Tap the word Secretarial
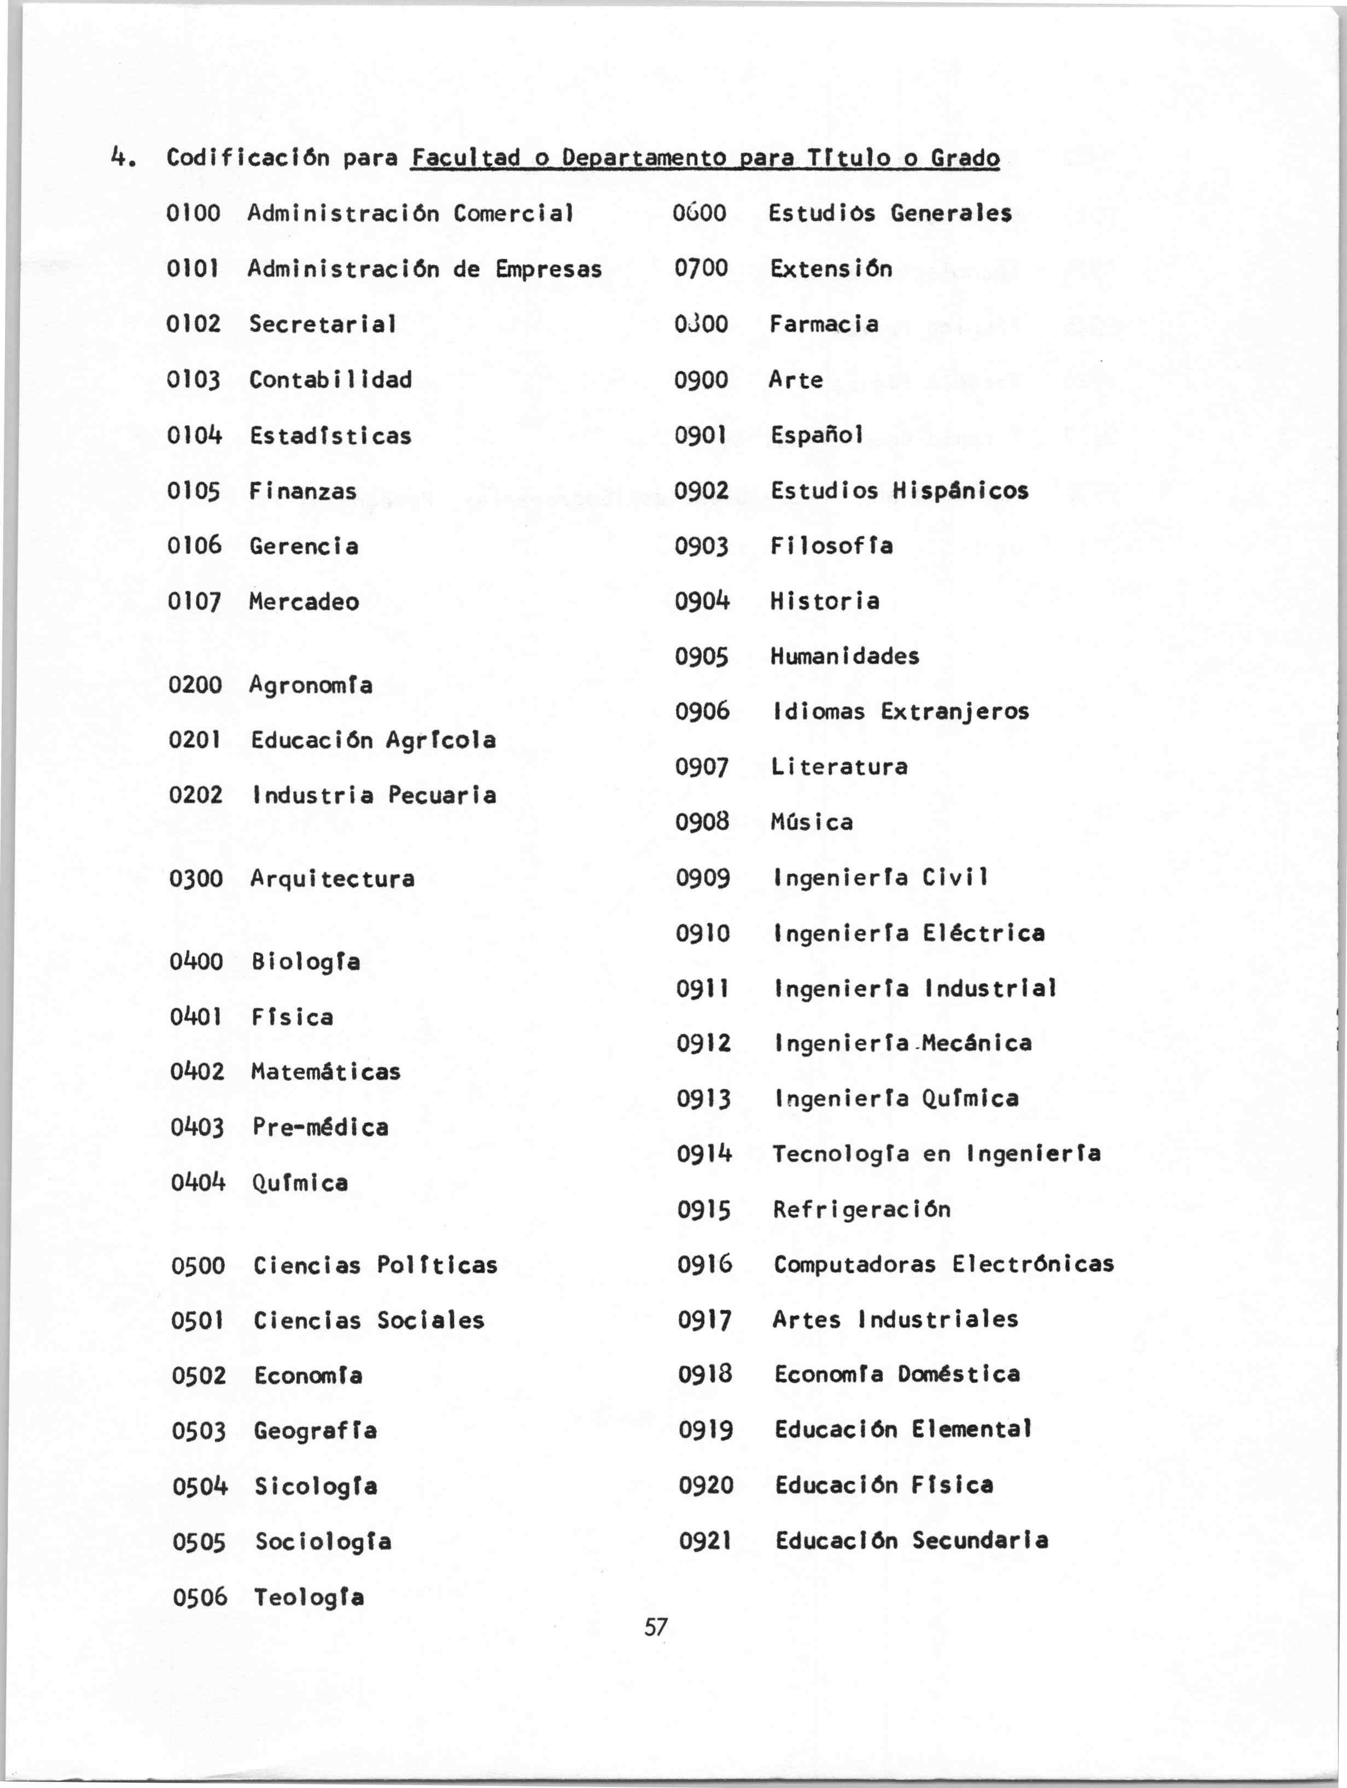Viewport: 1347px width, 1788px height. tap(323, 324)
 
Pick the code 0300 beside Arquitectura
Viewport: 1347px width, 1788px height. tap(196, 879)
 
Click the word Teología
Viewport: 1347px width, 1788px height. tap(308, 1597)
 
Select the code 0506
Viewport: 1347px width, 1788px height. tap(200, 1597)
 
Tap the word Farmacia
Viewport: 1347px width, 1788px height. tap(824, 324)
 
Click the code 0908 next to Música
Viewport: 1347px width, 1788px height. tap(702, 822)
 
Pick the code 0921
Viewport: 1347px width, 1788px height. tap(705, 1541)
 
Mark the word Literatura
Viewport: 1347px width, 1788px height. tap(839, 767)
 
